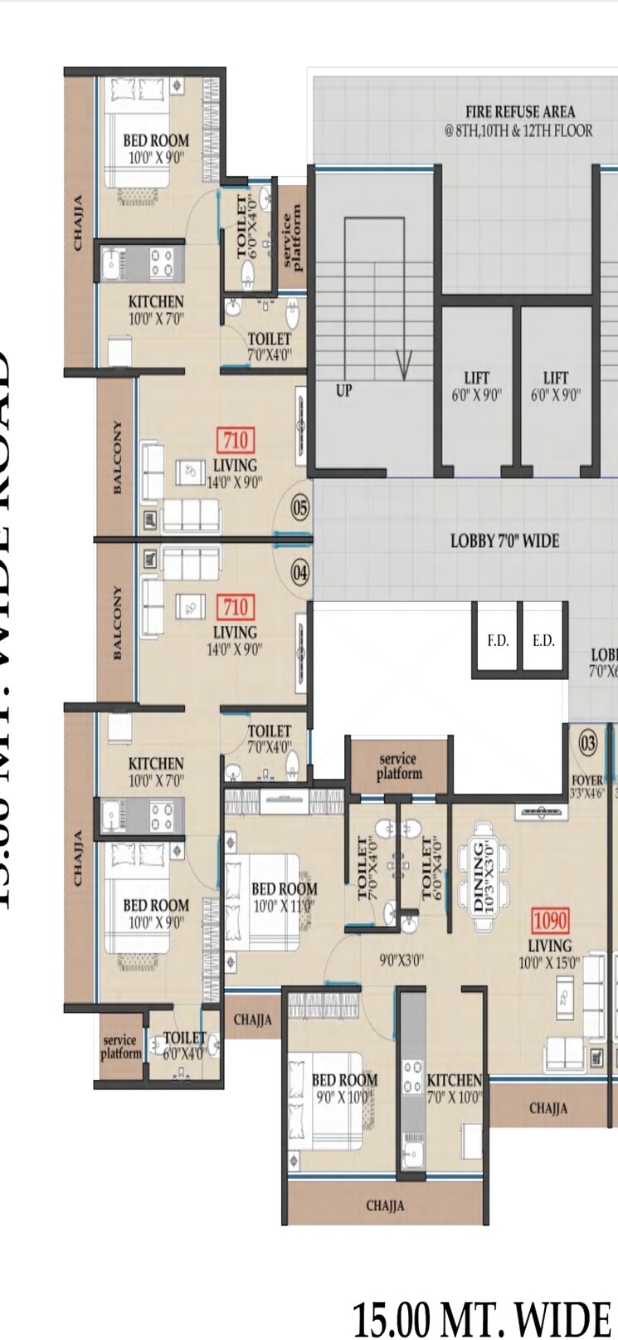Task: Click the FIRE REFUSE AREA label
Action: tap(519, 111)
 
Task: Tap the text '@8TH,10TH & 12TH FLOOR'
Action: tap(518, 130)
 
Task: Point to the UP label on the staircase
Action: tap(343, 389)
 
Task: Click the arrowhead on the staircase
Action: tap(404, 366)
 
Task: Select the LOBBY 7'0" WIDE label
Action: tap(504, 541)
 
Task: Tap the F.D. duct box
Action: tap(498, 640)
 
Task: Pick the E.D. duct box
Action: tap(543, 640)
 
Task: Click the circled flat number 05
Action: tap(299, 507)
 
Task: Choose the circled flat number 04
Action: tap(299, 572)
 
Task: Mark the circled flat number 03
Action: tap(587, 742)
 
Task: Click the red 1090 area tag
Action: tap(550, 920)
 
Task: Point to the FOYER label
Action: tap(587, 780)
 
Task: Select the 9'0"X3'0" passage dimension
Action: tap(401, 960)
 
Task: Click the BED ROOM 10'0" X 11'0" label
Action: tap(284, 897)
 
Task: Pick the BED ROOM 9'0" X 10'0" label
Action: tap(344, 1088)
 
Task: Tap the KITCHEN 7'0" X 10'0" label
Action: tap(454, 1088)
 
